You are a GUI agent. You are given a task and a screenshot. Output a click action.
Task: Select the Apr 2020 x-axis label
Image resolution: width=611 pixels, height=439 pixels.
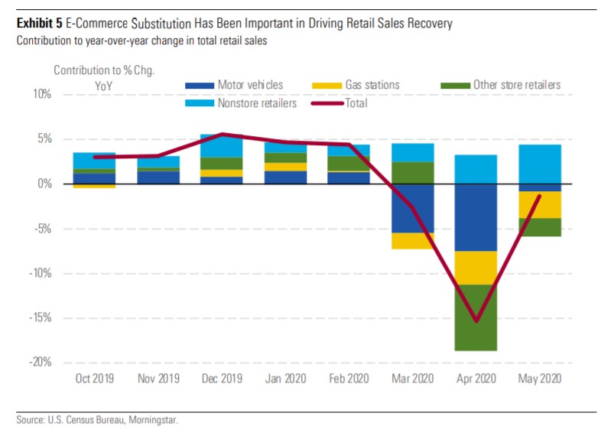point(476,379)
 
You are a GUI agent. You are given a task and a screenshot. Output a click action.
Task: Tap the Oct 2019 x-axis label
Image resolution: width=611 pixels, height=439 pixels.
point(95,379)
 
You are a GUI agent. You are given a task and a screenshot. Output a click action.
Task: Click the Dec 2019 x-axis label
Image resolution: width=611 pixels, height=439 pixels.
point(222,379)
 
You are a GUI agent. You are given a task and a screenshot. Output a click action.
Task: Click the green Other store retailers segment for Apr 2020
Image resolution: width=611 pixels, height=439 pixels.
point(476,317)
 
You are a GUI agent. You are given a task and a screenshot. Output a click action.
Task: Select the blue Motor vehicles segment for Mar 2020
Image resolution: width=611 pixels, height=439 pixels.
point(412,208)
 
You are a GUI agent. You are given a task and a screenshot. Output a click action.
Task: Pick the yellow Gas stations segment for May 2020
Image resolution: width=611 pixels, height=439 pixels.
point(539,205)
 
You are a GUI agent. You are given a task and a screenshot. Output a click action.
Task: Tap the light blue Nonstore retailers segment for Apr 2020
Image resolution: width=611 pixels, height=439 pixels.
point(476,169)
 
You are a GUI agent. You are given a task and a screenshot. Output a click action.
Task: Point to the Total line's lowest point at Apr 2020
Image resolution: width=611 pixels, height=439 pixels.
point(476,320)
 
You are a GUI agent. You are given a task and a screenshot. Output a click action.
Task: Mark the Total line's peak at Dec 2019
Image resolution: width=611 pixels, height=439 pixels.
point(222,135)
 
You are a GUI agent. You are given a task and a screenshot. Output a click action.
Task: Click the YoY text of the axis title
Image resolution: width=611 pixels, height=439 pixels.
point(103,86)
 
